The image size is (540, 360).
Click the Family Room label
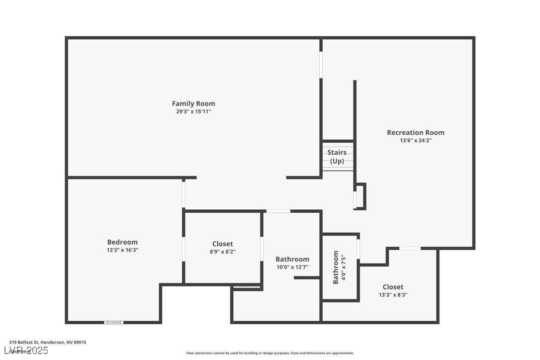tap(193, 103)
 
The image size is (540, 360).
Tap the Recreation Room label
tap(416, 132)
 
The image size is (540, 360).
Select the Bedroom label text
tap(122, 242)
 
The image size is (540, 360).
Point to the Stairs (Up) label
tap(337, 157)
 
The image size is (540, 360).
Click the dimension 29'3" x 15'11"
tap(193, 111)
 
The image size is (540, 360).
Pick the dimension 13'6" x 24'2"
tap(416, 140)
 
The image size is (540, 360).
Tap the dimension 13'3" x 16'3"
tap(122, 250)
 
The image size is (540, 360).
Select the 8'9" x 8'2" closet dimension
tap(222, 252)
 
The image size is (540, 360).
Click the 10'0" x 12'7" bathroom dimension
tap(292, 267)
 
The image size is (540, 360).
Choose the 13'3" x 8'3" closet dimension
tap(393, 295)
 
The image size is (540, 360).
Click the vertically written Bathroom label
tap(336, 267)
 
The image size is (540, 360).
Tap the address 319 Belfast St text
tap(48, 342)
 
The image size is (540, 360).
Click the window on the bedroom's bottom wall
tap(113, 322)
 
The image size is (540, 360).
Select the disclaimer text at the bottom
tap(270, 353)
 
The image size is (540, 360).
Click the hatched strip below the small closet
tap(247, 287)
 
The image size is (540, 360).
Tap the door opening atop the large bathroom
tap(278, 211)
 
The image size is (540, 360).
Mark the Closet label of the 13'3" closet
tap(393, 287)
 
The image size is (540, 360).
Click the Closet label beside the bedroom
tap(222, 244)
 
